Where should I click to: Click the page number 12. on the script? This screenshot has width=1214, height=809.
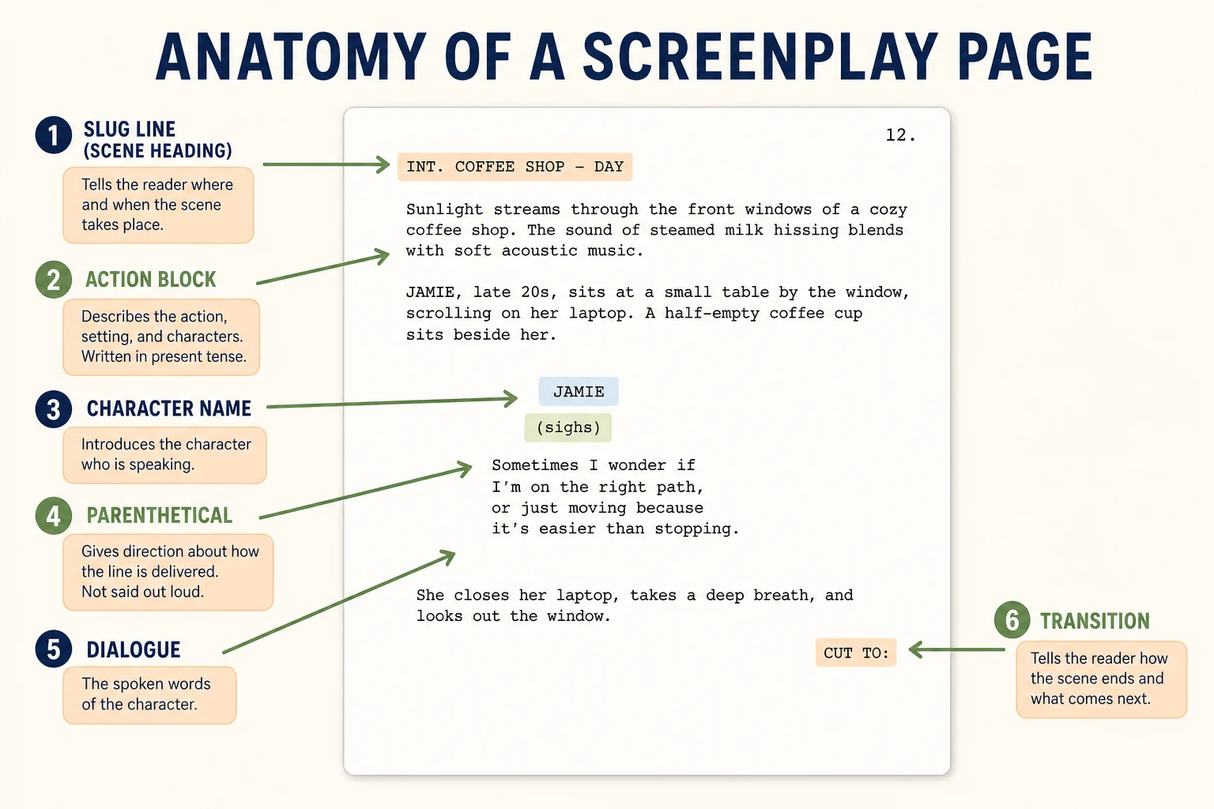point(900,135)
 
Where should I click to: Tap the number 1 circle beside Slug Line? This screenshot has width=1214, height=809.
point(54,135)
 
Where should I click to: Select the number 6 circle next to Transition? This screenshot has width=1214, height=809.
point(1012,620)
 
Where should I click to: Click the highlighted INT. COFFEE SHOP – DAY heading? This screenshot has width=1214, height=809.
point(515,167)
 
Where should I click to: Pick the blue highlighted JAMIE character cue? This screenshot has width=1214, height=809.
point(579,391)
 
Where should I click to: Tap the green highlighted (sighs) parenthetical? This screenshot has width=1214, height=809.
point(568,427)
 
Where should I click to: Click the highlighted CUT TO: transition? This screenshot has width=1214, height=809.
point(856,653)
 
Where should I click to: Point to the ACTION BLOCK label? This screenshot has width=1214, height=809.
point(151,280)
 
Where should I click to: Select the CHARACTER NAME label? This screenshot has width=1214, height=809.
point(169,408)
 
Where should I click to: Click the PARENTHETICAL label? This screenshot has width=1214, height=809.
point(160,515)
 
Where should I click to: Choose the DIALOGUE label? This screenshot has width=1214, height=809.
point(134,649)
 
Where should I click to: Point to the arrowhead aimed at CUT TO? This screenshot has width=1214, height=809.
point(915,649)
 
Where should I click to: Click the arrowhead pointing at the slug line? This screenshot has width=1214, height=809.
point(383,164)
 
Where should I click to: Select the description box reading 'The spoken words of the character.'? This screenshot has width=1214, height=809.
point(149,694)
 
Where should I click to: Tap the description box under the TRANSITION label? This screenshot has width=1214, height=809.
point(1101,679)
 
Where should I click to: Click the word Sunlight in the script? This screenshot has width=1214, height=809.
point(444,209)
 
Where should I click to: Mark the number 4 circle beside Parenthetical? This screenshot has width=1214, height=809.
point(54,516)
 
